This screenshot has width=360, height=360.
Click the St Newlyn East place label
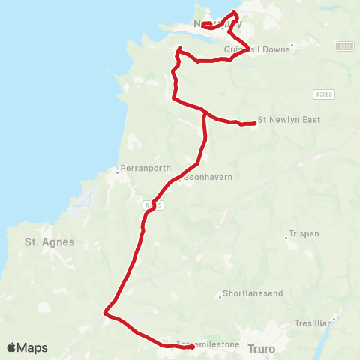[x=284, y=119]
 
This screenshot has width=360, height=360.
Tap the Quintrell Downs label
[x=256, y=50]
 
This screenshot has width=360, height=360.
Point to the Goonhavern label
[x=208, y=177]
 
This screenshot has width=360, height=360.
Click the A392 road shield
[x=344, y=45]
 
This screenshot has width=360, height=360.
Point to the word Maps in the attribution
[x=32, y=348]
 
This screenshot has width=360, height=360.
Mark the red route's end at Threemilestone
[x=193, y=346]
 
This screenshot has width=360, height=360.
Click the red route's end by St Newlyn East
[x=255, y=124]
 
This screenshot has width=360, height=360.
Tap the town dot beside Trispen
[x=286, y=238]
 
